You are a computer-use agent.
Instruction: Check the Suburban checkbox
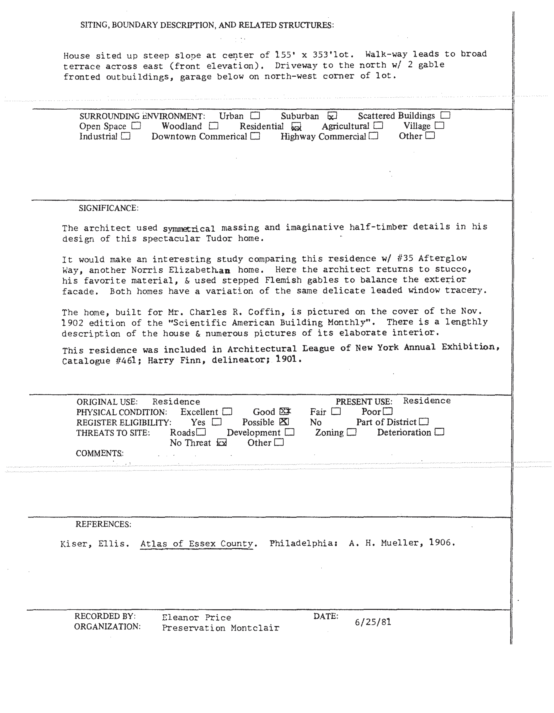coord(332,116)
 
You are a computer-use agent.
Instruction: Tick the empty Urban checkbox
coord(255,116)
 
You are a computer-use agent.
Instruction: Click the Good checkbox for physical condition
coord(285,412)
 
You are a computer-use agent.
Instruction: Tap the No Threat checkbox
coord(222,443)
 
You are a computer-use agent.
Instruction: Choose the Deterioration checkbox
coord(440,432)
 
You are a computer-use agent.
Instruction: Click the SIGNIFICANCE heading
coord(108,208)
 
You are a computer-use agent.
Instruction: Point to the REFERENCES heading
coord(103,524)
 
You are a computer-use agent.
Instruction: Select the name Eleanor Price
coord(197,618)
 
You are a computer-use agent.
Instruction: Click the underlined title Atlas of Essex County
coord(197,544)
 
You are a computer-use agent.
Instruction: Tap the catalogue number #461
coord(128,361)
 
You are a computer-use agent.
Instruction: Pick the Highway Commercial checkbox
coord(374,136)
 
